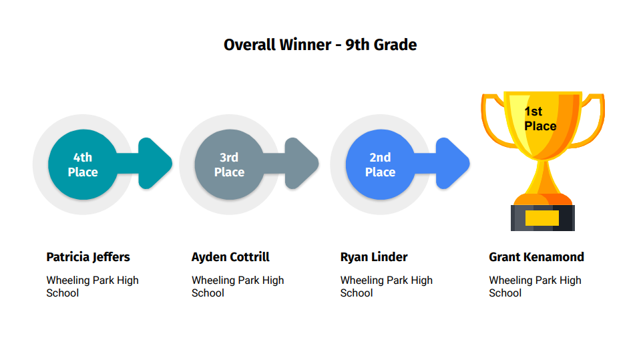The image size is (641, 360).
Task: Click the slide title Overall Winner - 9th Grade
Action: point(320,45)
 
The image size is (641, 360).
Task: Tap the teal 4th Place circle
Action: point(83,164)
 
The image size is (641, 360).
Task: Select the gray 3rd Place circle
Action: point(229,164)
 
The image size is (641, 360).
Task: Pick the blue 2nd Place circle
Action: point(380,164)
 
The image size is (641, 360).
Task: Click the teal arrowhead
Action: point(154,164)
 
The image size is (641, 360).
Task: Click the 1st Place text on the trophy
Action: point(540,119)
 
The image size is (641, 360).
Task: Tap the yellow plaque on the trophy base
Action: point(542,218)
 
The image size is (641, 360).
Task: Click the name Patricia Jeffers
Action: point(88,257)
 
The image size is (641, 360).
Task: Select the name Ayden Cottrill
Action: point(230,257)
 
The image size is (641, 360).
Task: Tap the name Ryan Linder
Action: point(374,257)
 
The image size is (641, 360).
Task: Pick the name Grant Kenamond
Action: point(536,257)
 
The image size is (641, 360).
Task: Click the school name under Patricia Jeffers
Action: point(92,287)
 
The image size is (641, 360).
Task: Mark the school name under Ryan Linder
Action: point(387,287)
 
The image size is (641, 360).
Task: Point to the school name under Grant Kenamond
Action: point(535,287)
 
